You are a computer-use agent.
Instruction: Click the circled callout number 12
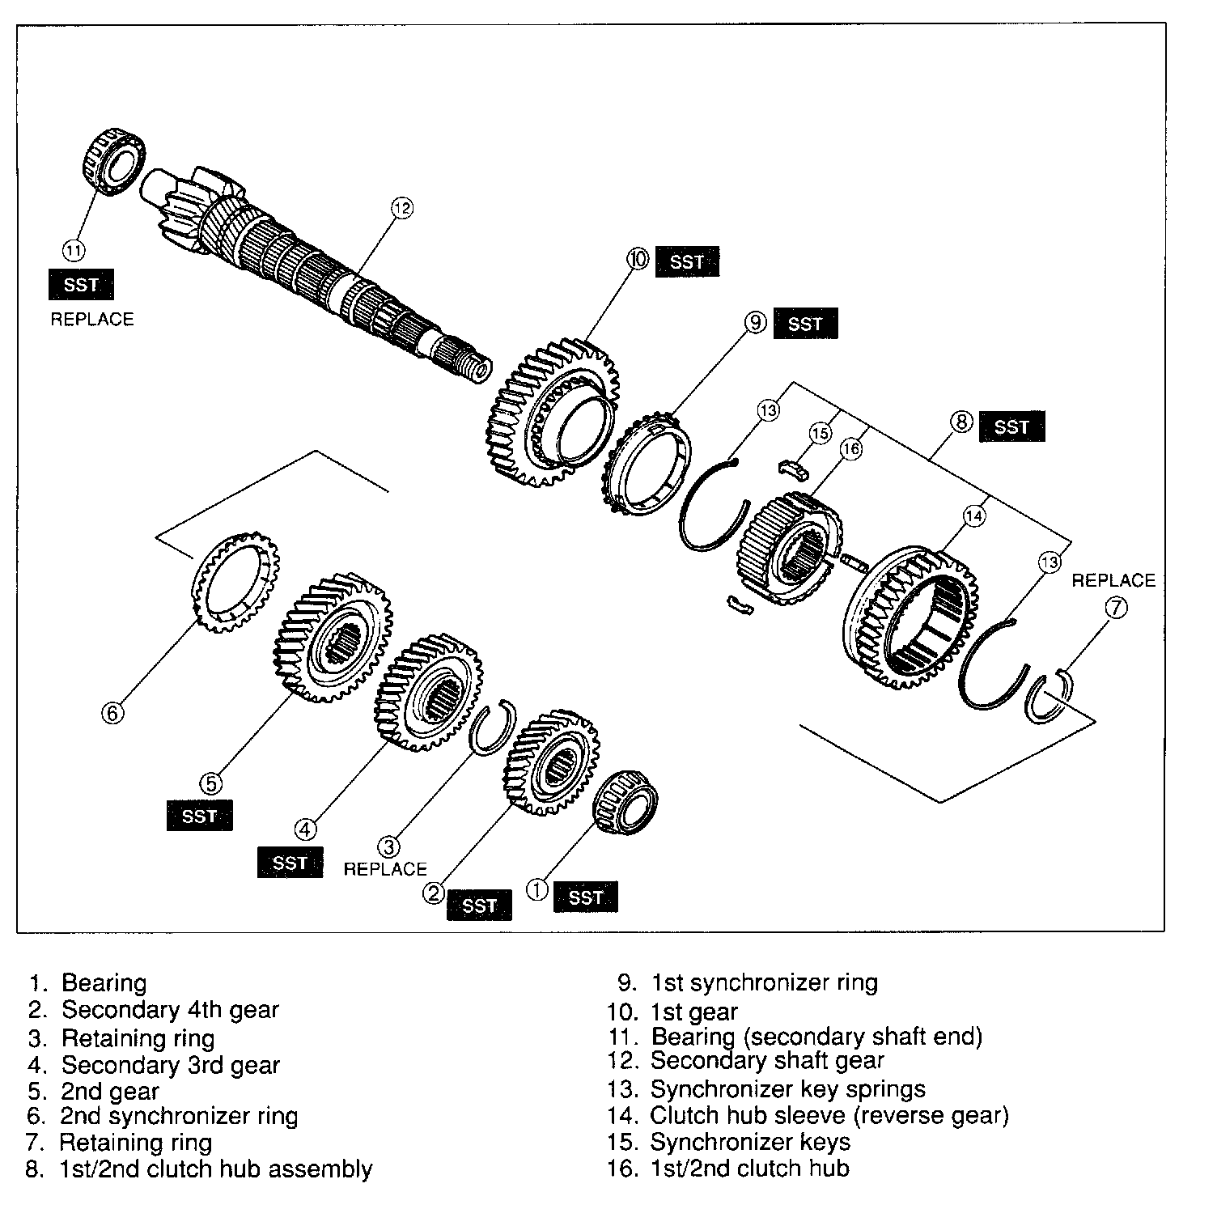tap(402, 208)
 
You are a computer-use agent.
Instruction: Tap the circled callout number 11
tap(74, 251)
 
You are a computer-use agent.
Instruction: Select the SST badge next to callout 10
tap(686, 262)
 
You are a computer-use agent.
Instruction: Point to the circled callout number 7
tap(1115, 607)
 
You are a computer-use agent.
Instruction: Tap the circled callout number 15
tap(821, 434)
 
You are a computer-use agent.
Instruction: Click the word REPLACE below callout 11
tap(92, 319)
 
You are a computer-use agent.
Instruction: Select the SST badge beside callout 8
tap(1011, 426)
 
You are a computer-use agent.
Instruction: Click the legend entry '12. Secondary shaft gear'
tap(746, 1061)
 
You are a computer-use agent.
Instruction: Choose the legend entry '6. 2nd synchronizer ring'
tap(163, 1116)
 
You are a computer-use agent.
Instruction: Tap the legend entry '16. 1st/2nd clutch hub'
tap(728, 1168)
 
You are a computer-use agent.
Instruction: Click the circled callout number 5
tap(210, 783)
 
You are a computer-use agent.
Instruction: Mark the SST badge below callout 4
tap(290, 863)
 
